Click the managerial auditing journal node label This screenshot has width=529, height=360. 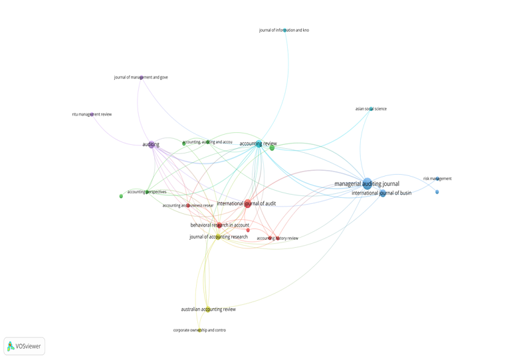tap(366, 183)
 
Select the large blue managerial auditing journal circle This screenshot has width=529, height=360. tap(368, 184)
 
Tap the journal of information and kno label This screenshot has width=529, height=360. tap(284, 30)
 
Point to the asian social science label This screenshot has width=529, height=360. tap(371, 109)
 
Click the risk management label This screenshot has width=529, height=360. tap(437, 179)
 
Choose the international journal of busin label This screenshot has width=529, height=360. tap(382, 193)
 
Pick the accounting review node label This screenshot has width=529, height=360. tap(258, 143)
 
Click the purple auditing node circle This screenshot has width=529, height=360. tap(152, 144)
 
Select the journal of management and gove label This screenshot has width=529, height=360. tap(141, 77)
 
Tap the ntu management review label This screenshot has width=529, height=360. tap(92, 114)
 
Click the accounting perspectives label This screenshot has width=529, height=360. tap(147, 192)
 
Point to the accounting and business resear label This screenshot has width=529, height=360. tap(188, 205)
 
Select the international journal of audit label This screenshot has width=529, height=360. tap(246, 203)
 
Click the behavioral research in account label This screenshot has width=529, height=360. tap(220, 225)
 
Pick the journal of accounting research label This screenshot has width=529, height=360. tap(218, 236)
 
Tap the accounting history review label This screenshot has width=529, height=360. tap(278, 238)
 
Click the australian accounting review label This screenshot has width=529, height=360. tap(208, 310)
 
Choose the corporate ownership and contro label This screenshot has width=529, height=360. tap(199, 330)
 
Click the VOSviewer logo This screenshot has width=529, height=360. tap(25, 346)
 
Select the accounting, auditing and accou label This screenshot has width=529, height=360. tap(207, 142)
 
